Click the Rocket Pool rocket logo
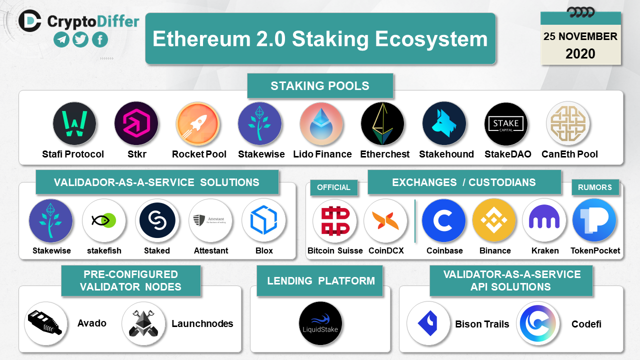(197, 123)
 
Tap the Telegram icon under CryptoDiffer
(61, 39)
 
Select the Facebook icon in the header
(99, 39)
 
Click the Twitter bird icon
(80, 39)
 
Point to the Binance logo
(494, 220)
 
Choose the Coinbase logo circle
(443, 220)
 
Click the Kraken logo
(544, 220)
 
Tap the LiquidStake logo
(320, 323)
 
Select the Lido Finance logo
(321, 123)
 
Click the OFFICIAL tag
(333, 187)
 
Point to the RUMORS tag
(595, 187)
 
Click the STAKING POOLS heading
(320, 86)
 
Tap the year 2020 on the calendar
(580, 53)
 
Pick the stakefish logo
(104, 220)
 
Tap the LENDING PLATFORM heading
(321, 281)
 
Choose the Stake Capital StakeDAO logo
(506, 123)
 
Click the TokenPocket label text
(595, 250)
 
